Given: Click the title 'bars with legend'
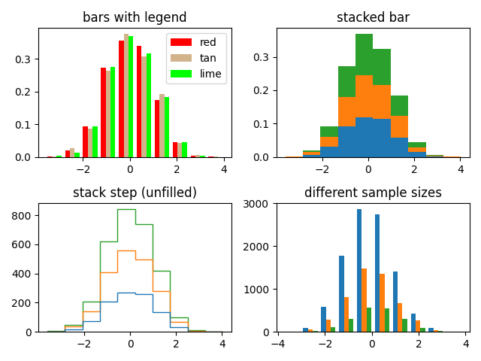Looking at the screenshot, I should tap(135, 17).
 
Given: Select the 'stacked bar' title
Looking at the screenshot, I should tap(373, 17).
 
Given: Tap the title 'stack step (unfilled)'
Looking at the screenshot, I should tap(135, 193).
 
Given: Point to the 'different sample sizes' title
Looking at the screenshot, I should tap(373, 193).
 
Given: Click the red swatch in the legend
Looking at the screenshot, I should tap(181, 42).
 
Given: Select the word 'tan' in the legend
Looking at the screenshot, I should tap(207, 58).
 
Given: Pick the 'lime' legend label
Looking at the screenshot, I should tap(210, 74).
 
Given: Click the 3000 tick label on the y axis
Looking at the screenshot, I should tap(260, 203).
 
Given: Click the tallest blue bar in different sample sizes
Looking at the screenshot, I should tap(359, 271).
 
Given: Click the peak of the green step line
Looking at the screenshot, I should tap(126, 209).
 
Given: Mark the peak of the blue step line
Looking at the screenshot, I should tap(126, 293).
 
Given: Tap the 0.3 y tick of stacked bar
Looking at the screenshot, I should tap(263, 58).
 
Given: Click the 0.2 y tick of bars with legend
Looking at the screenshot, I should tap(25, 92).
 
